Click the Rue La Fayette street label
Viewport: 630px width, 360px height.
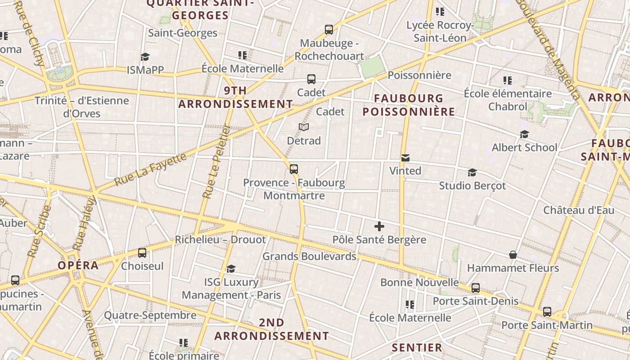click(150, 170)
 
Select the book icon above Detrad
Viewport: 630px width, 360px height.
click(304, 127)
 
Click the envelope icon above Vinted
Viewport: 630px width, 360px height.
click(405, 158)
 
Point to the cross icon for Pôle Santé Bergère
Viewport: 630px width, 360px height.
click(379, 226)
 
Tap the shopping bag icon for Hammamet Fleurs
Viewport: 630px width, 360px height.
click(513, 255)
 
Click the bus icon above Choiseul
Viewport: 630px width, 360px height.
click(142, 253)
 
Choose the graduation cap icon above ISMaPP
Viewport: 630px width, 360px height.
click(145, 57)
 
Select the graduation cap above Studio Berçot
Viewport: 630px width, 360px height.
click(472, 173)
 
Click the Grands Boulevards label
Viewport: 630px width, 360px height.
click(309, 256)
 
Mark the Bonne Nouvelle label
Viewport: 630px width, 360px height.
click(419, 283)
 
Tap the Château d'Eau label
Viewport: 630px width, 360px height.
click(579, 210)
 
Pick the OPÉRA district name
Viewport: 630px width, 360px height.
click(78, 265)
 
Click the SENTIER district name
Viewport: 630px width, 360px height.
click(417, 348)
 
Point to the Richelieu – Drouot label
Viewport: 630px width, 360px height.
click(220, 240)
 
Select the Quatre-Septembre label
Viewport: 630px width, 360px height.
click(150, 315)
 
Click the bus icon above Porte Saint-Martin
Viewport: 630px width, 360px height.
click(547, 312)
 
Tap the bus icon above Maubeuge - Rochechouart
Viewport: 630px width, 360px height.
click(329, 30)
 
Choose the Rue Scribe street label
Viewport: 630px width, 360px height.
click(39, 232)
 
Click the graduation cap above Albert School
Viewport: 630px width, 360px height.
click(524, 135)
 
